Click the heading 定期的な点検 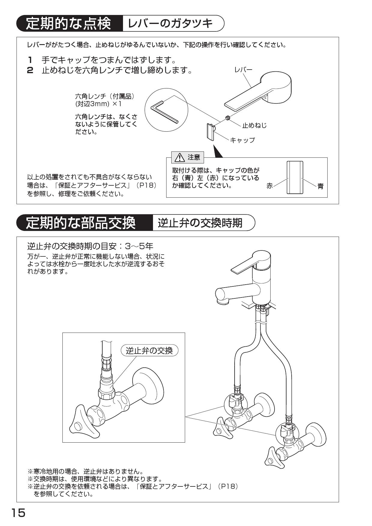pyautogui.click(x=68, y=24)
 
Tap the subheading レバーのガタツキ pyautogui.click(x=170, y=24)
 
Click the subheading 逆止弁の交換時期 pyautogui.click(x=200, y=223)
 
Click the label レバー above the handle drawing pyautogui.click(x=243, y=70)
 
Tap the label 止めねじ pyautogui.click(x=254, y=125)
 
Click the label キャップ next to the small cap pyautogui.click(x=242, y=140)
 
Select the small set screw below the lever pyautogui.click(x=228, y=118)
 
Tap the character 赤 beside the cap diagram pyautogui.click(x=270, y=186)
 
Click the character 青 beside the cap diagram pyautogui.click(x=320, y=186)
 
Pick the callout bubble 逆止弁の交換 pyautogui.click(x=149, y=350)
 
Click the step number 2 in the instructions pyautogui.click(x=30, y=71)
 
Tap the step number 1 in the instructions pyautogui.click(x=30, y=60)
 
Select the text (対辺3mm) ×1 pyautogui.click(x=98, y=104)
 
